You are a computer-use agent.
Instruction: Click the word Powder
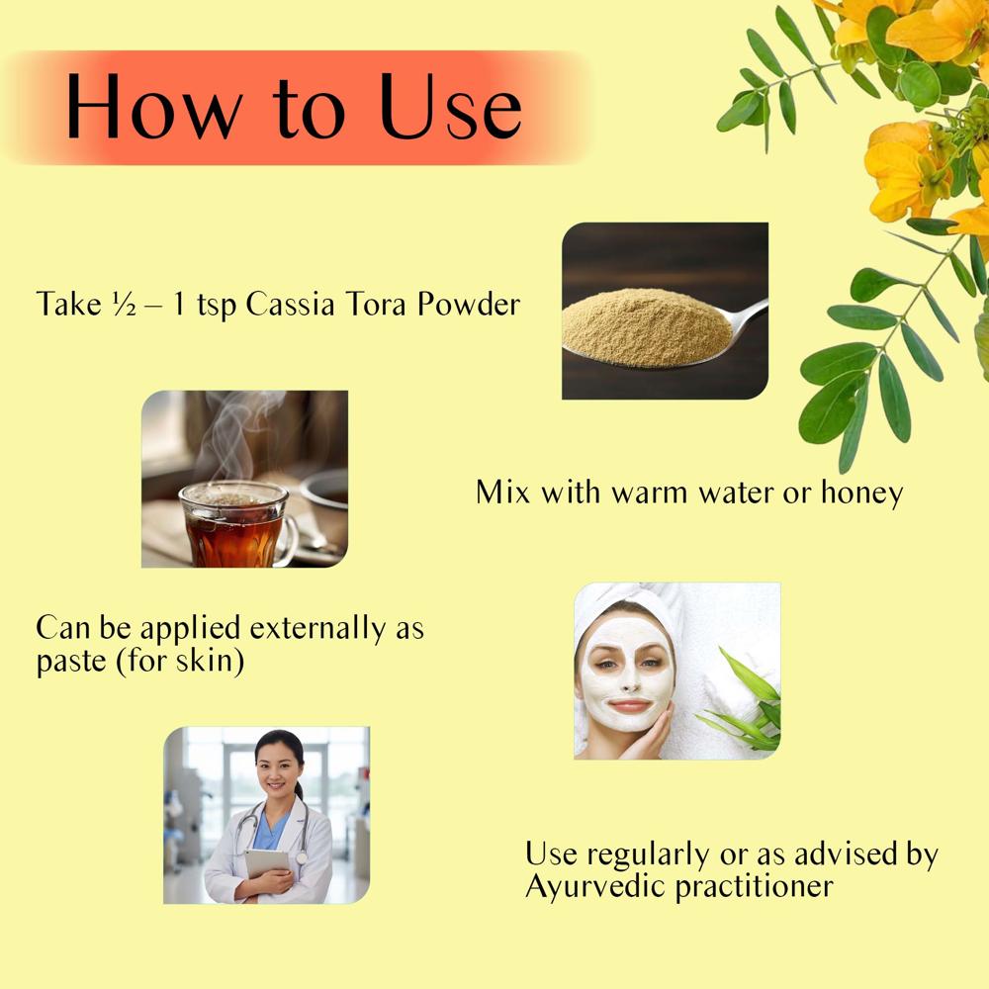(x=467, y=304)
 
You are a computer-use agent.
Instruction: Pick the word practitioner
(x=754, y=886)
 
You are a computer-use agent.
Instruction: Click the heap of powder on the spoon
(x=633, y=321)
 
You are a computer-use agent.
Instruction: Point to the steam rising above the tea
(x=237, y=435)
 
